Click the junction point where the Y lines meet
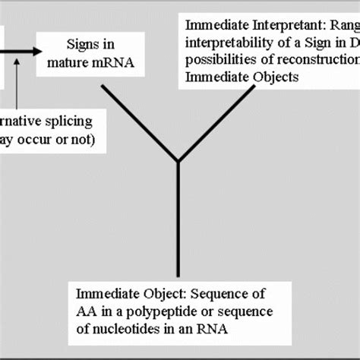tap(178, 160)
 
